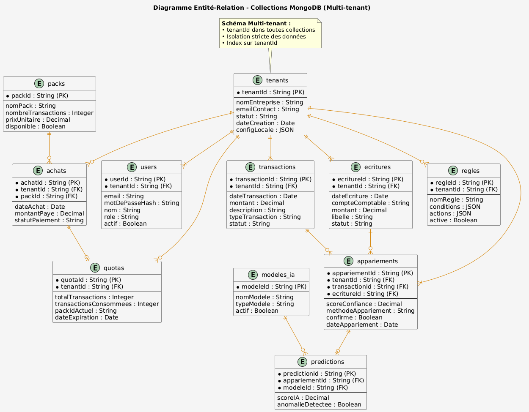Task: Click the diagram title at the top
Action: click(262, 8)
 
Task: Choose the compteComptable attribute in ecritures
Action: click(370, 203)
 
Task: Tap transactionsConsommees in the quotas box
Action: click(107, 304)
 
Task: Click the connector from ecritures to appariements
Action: click(371, 241)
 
